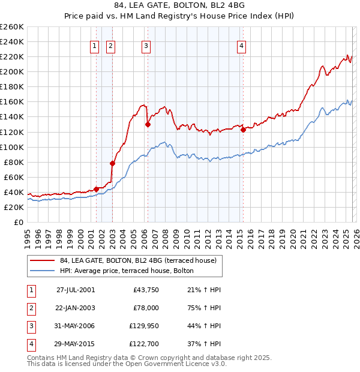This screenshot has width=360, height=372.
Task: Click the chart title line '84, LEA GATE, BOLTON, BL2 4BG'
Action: click(x=180, y=7)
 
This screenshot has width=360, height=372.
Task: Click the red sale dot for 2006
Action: click(x=148, y=125)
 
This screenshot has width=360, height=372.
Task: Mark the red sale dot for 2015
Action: click(x=243, y=130)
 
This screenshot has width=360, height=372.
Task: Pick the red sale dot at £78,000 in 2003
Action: click(x=112, y=163)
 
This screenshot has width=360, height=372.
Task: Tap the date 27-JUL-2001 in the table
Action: click(x=75, y=290)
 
